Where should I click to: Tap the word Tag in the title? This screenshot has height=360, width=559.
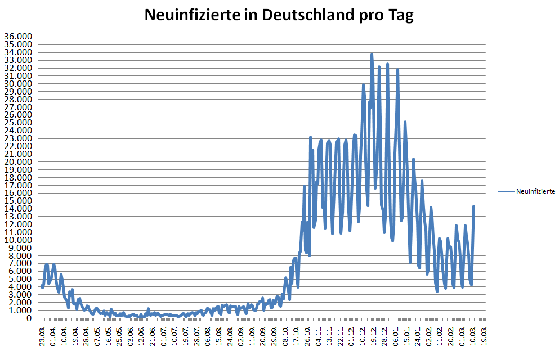[x=400, y=15]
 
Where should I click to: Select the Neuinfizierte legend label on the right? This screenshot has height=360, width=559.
[x=536, y=191]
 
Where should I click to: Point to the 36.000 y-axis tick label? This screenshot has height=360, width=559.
[x=18, y=37]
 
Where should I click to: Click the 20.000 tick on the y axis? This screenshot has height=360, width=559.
[x=18, y=161]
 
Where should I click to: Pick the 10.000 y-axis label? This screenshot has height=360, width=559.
[x=18, y=240]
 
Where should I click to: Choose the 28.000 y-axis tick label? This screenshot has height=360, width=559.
[x=18, y=99]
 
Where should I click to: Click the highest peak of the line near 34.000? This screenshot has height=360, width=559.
[x=372, y=55]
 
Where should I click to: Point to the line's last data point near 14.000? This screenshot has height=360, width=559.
[x=473, y=206]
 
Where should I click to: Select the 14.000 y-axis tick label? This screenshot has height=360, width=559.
[x=18, y=208]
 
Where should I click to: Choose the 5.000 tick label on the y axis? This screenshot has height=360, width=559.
[x=20, y=278]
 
